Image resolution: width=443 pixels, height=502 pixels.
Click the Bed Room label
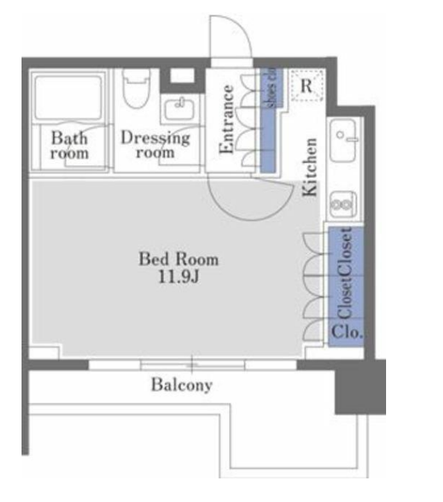click(178, 259)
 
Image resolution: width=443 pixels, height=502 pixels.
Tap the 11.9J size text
click(179, 277)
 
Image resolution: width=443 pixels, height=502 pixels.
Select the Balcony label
click(181, 384)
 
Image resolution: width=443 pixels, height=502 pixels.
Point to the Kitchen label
click(310, 167)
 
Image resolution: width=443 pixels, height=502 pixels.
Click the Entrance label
click(226, 119)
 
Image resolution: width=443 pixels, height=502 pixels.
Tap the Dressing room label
click(156, 144)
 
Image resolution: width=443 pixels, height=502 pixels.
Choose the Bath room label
click(69, 145)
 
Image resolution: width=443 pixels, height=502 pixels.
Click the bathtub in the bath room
click(68, 98)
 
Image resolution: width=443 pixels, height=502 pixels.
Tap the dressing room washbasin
click(179, 110)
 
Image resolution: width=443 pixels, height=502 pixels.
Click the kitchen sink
click(343, 140)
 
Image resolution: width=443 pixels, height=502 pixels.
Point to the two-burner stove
click(343, 204)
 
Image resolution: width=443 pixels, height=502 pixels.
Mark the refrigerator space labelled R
click(308, 85)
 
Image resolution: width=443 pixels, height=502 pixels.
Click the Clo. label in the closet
click(347, 333)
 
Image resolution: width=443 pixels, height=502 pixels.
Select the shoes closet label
click(271, 87)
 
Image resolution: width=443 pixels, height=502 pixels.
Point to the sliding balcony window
click(192, 365)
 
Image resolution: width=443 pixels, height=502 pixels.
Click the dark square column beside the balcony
click(360, 387)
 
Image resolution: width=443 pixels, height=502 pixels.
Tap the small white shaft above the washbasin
click(182, 76)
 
